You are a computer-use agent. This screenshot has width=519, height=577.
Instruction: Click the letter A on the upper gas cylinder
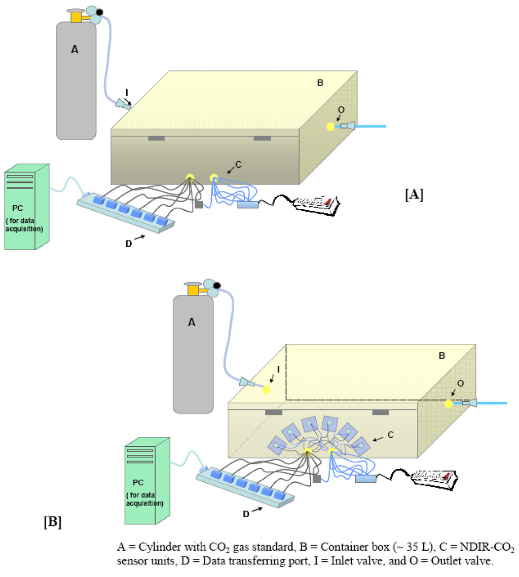tap(75, 49)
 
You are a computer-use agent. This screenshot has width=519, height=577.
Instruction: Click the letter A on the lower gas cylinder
tap(192, 322)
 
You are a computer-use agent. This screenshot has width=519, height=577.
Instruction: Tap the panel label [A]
tap(414, 194)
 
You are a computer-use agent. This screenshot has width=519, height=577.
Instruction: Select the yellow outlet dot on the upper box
tap(330, 127)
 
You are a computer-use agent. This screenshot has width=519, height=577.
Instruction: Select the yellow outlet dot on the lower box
tap(449, 404)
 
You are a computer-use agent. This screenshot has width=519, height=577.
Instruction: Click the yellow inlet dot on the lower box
tap(267, 390)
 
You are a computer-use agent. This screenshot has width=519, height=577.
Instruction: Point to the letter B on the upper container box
tap(320, 83)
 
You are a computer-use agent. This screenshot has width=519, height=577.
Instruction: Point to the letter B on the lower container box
tap(441, 356)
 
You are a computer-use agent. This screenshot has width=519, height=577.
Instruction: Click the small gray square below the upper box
tap(199, 205)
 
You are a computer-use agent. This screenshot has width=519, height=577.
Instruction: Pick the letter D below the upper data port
tap(129, 244)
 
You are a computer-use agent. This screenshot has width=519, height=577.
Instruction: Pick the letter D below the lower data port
tap(247, 515)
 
